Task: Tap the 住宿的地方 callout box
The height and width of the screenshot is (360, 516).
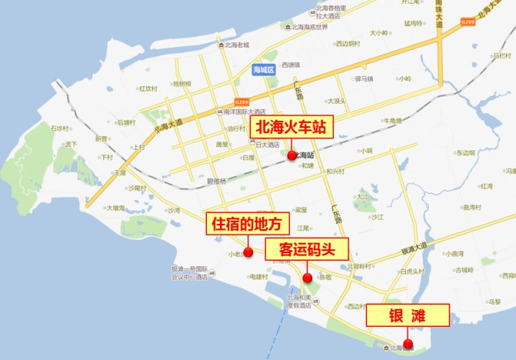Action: tap(248, 224)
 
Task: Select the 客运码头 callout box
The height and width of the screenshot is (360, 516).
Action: tap(307, 248)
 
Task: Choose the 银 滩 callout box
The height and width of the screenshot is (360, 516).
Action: tap(408, 315)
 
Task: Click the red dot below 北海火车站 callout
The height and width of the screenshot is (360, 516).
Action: tap(291, 155)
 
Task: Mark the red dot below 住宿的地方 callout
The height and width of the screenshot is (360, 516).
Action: tap(248, 252)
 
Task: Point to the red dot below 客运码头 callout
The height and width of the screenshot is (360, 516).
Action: tap(307, 278)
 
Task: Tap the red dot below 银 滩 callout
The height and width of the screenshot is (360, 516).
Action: tap(408, 344)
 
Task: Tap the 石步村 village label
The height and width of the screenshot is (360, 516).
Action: tap(60, 128)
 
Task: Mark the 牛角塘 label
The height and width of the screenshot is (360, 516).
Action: tap(392, 121)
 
